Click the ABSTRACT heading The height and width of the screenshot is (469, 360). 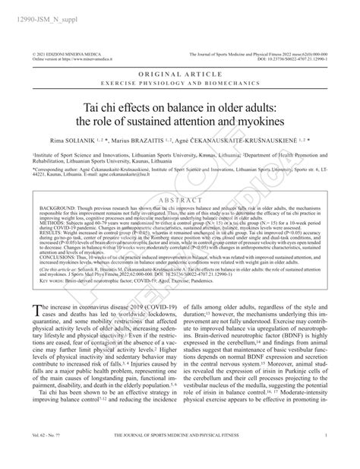179,200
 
